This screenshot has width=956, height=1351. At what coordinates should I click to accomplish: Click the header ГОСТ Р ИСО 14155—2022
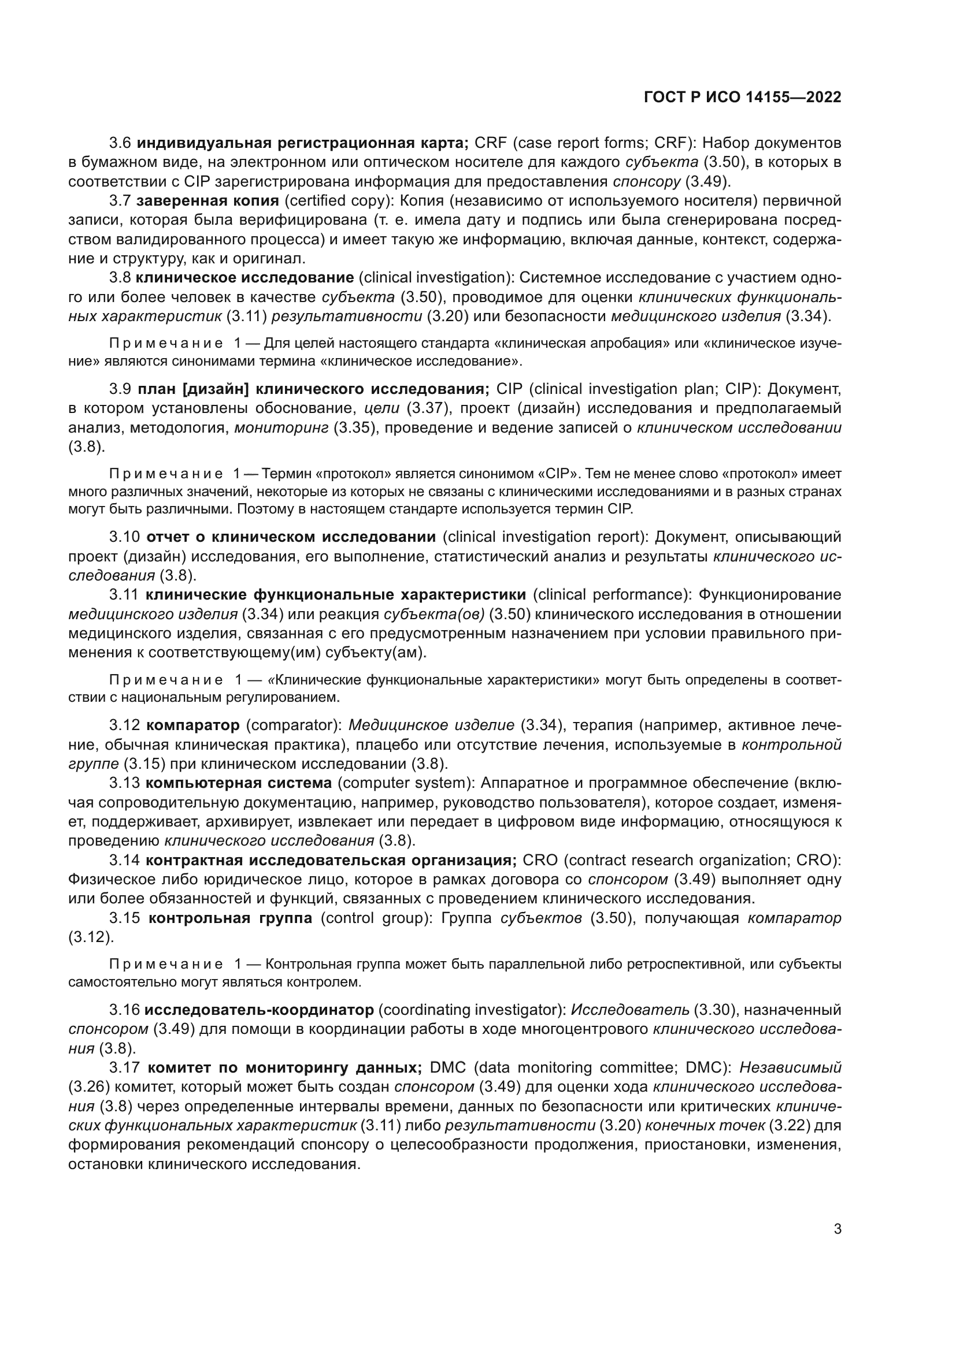[x=742, y=98]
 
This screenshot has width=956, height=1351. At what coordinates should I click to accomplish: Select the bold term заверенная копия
[x=207, y=201]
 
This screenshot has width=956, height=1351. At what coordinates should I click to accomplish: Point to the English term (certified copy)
[x=339, y=201]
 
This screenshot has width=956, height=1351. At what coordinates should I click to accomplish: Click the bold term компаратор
[x=192, y=725]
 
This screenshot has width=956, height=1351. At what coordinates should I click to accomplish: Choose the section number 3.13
[x=124, y=783]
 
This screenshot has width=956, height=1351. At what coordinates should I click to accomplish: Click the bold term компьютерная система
[x=238, y=783]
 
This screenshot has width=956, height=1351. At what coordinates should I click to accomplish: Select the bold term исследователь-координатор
[x=259, y=1010]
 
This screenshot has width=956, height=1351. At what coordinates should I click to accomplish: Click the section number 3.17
[x=124, y=1068]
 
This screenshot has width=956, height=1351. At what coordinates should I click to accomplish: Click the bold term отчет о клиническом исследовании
[x=291, y=537]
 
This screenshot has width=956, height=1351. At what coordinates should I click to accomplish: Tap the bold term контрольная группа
[x=230, y=918]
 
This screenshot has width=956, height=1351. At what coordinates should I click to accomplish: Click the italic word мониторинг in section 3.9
[x=281, y=428]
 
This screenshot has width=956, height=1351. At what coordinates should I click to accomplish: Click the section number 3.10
[x=124, y=537]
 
